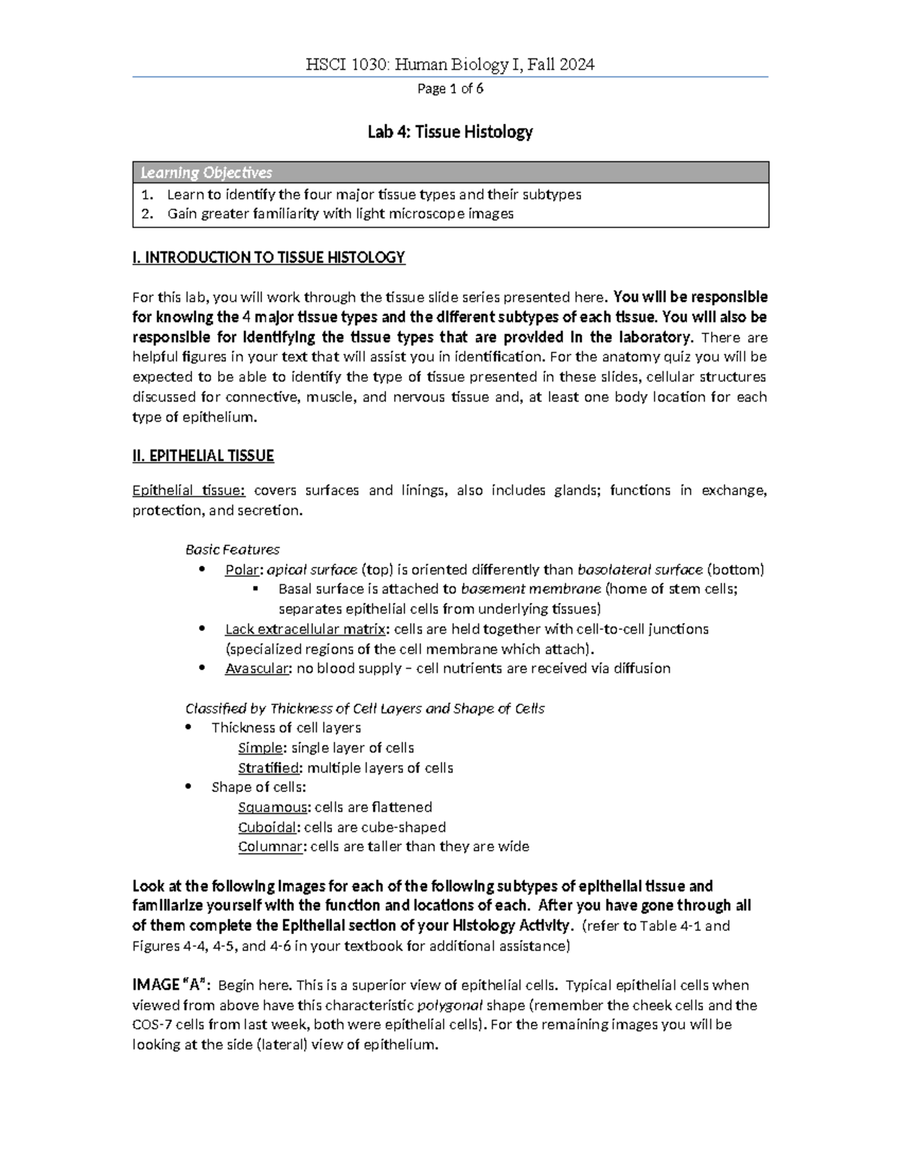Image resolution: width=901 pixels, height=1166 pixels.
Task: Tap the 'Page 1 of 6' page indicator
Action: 450,89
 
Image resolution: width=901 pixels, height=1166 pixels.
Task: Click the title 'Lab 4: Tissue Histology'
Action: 450,132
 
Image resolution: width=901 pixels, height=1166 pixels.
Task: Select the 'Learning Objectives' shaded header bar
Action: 450,173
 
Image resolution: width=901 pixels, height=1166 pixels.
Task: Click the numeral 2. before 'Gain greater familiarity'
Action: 147,214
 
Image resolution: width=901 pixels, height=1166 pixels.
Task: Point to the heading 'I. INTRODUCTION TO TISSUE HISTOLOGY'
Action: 268,258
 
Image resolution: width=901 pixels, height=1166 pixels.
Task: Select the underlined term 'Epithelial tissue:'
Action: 188,491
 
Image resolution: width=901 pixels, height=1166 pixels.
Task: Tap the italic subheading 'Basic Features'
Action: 233,550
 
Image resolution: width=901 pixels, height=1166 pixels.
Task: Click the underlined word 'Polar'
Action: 241,570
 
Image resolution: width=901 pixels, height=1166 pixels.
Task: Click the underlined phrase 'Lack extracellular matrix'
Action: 305,629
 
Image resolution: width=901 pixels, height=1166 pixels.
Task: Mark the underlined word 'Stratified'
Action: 268,768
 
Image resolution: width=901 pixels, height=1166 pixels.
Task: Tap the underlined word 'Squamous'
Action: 272,808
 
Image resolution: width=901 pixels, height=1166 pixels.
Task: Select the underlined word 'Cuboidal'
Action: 267,827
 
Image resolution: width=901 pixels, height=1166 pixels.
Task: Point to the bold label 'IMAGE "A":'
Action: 171,986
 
